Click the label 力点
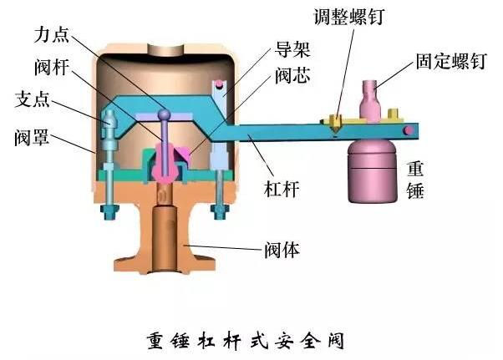pyautogui.click(x=51, y=34)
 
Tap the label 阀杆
pyautogui.click(x=52, y=68)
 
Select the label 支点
pyautogui.click(x=32, y=99)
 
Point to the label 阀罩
pyautogui.click(x=32, y=137)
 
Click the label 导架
pyautogui.click(x=292, y=49)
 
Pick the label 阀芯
pyautogui.click(x=292, y=76)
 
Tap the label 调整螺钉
pyautogui.click(x=348, y=17)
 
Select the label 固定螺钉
pyautogui.click(x=451, y=61)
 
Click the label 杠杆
pyautogui.click(x=282, y=189)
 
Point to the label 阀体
pyautogui.click(x=282, y=250)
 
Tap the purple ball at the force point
pyautogui.click(x=165, y=114)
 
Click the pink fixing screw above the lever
pyautogui.click(x=370, y=101)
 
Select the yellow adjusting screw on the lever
pyautogui.click(x=336, y=124)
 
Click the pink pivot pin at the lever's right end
pyautogui.click(x=409, y=130)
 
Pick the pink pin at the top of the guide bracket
pyautogui.click(x=220, y=84)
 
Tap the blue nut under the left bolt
pyautogui.click(x=109, y=212)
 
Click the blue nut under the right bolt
pyautogui.click(x=219, y=212)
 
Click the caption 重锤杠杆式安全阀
pyautogui.click(x=246, y=341)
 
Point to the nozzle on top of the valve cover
pyautogui.click(x=165, y=50)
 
